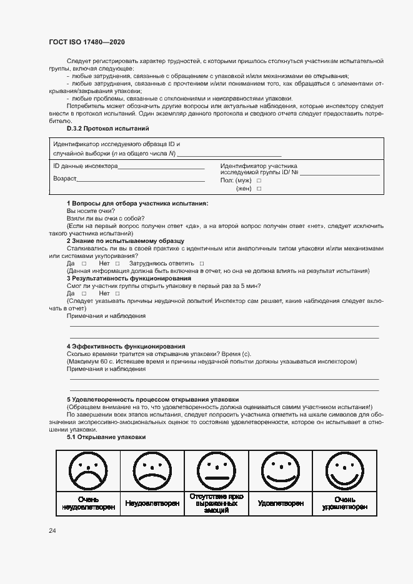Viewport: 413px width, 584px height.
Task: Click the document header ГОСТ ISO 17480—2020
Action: pyautogui.click(x=86, y=42)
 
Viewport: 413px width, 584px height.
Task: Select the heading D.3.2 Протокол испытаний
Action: pyautogui.click(x=107, y=128)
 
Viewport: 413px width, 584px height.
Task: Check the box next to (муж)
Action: pyautogui.click(x=259, y=181)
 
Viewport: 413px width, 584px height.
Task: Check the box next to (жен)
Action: pyautogui.click(x=259, y=189)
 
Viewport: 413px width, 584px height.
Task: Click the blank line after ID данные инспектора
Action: pyautogui.click(x=161, y=167)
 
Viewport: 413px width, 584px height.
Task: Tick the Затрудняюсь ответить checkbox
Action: pyautogui.click(x=202, y=264)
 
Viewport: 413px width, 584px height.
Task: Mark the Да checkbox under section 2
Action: pyautogui.click(x=84, y=264)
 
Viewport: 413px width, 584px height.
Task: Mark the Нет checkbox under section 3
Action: pyautogui.click(x=117, y=293)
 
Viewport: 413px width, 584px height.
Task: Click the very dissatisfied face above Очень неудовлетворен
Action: pyautogui.click(x=87, y=473)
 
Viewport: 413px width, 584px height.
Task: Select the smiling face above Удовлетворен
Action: pyautogui.click(x=281, y=472)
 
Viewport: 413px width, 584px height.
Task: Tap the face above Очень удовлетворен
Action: pyautogui.click(x=345, y=472)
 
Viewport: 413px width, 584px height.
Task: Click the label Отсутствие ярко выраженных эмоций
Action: pyautogui.click(x=216, y=503)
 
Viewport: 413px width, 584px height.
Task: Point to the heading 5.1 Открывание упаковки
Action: pyautogui.click(x=106, y=437)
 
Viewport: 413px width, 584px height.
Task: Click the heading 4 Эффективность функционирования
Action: pyautogui.click(x=126, y=346)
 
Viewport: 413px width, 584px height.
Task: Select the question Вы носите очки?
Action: pyautogui.click(x=86, y=211)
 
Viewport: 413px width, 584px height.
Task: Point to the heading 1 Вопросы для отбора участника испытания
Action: pyautogui.click(x=137, y=204)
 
